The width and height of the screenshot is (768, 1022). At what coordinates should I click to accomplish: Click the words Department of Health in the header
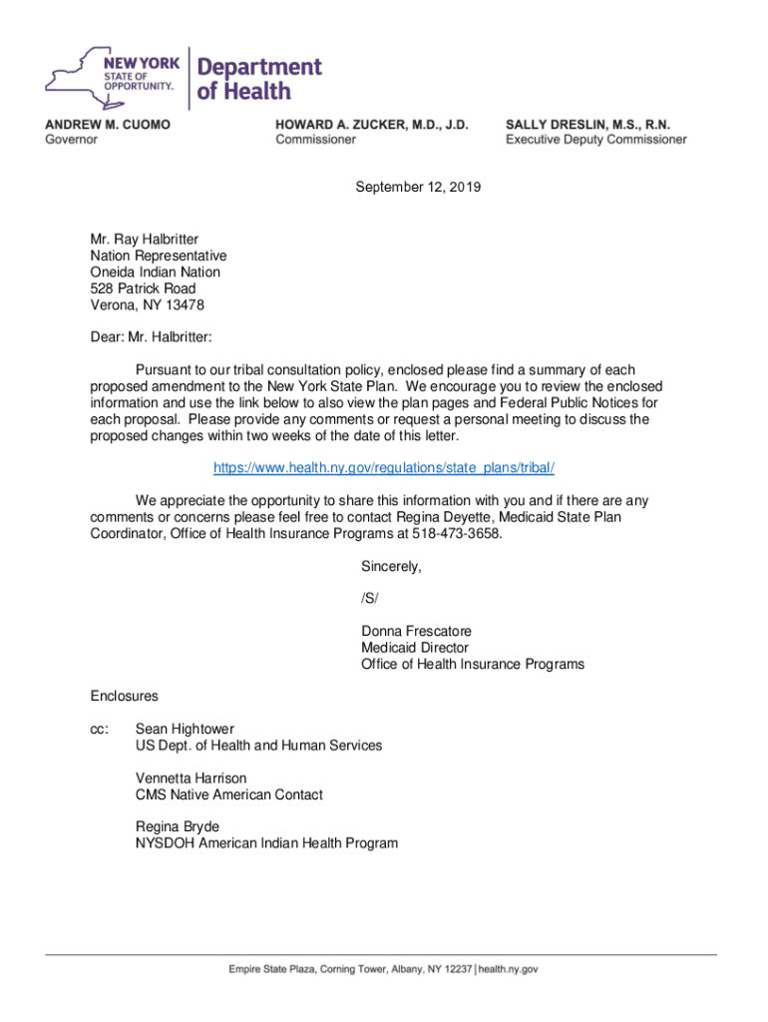tap(258, 79)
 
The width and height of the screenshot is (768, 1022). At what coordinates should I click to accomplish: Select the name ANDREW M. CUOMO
tap(108, 124)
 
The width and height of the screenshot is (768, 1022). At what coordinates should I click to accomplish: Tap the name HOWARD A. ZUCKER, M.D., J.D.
tap(372, 124)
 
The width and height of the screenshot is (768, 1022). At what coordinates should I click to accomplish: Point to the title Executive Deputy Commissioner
tap(595, 140)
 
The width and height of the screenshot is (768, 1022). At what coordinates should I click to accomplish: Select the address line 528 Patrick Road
tap(143, 288)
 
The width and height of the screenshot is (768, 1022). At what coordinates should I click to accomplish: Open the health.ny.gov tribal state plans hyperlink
tap(384, 468)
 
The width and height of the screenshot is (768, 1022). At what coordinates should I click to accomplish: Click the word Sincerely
tap(391, 567)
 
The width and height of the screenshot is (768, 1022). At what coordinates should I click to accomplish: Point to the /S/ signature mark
tap(370, 599)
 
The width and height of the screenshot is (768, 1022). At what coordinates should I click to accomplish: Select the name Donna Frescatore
tap(416, 631)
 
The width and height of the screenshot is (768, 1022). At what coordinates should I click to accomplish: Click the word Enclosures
tap(124, 696)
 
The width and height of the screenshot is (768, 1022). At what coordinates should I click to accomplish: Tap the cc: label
tap(100, 729)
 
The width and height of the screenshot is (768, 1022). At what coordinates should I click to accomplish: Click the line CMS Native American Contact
tap(229, 794)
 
